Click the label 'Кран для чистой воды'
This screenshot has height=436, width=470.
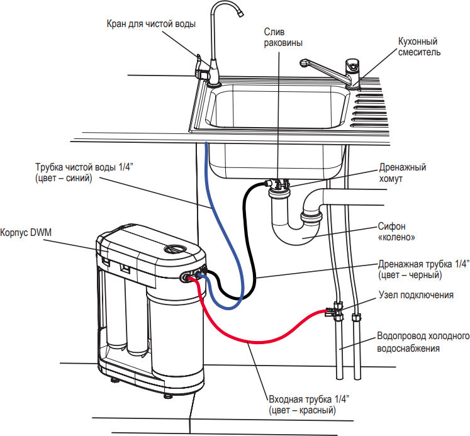tap(150, 24)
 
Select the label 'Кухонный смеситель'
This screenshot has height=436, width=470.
tap(419, 47)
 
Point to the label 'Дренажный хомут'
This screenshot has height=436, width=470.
tap(403, 174)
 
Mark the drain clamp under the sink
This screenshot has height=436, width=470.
tap(279, 185)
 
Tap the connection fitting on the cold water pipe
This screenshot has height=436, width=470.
tap(334, 310)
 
